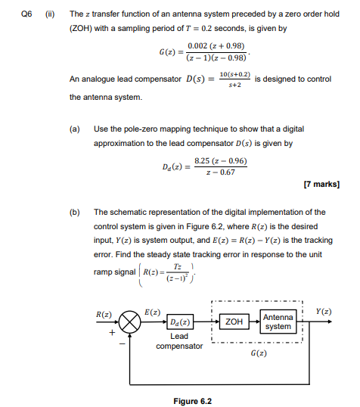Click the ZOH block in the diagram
pyautogui.click(x=234, y=322)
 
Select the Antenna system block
pyautogui.click(x=278, y=322)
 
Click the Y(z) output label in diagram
pyautogui.click(x=324, y=311)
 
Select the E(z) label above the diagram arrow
pyautogui.click(x=151, y=311)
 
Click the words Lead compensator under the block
pyautogui.click(x=179, y=341)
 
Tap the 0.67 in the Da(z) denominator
pyautogui.click(x=225, y=172)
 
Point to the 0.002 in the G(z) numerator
pyautogui.click(x=197, y=46)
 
